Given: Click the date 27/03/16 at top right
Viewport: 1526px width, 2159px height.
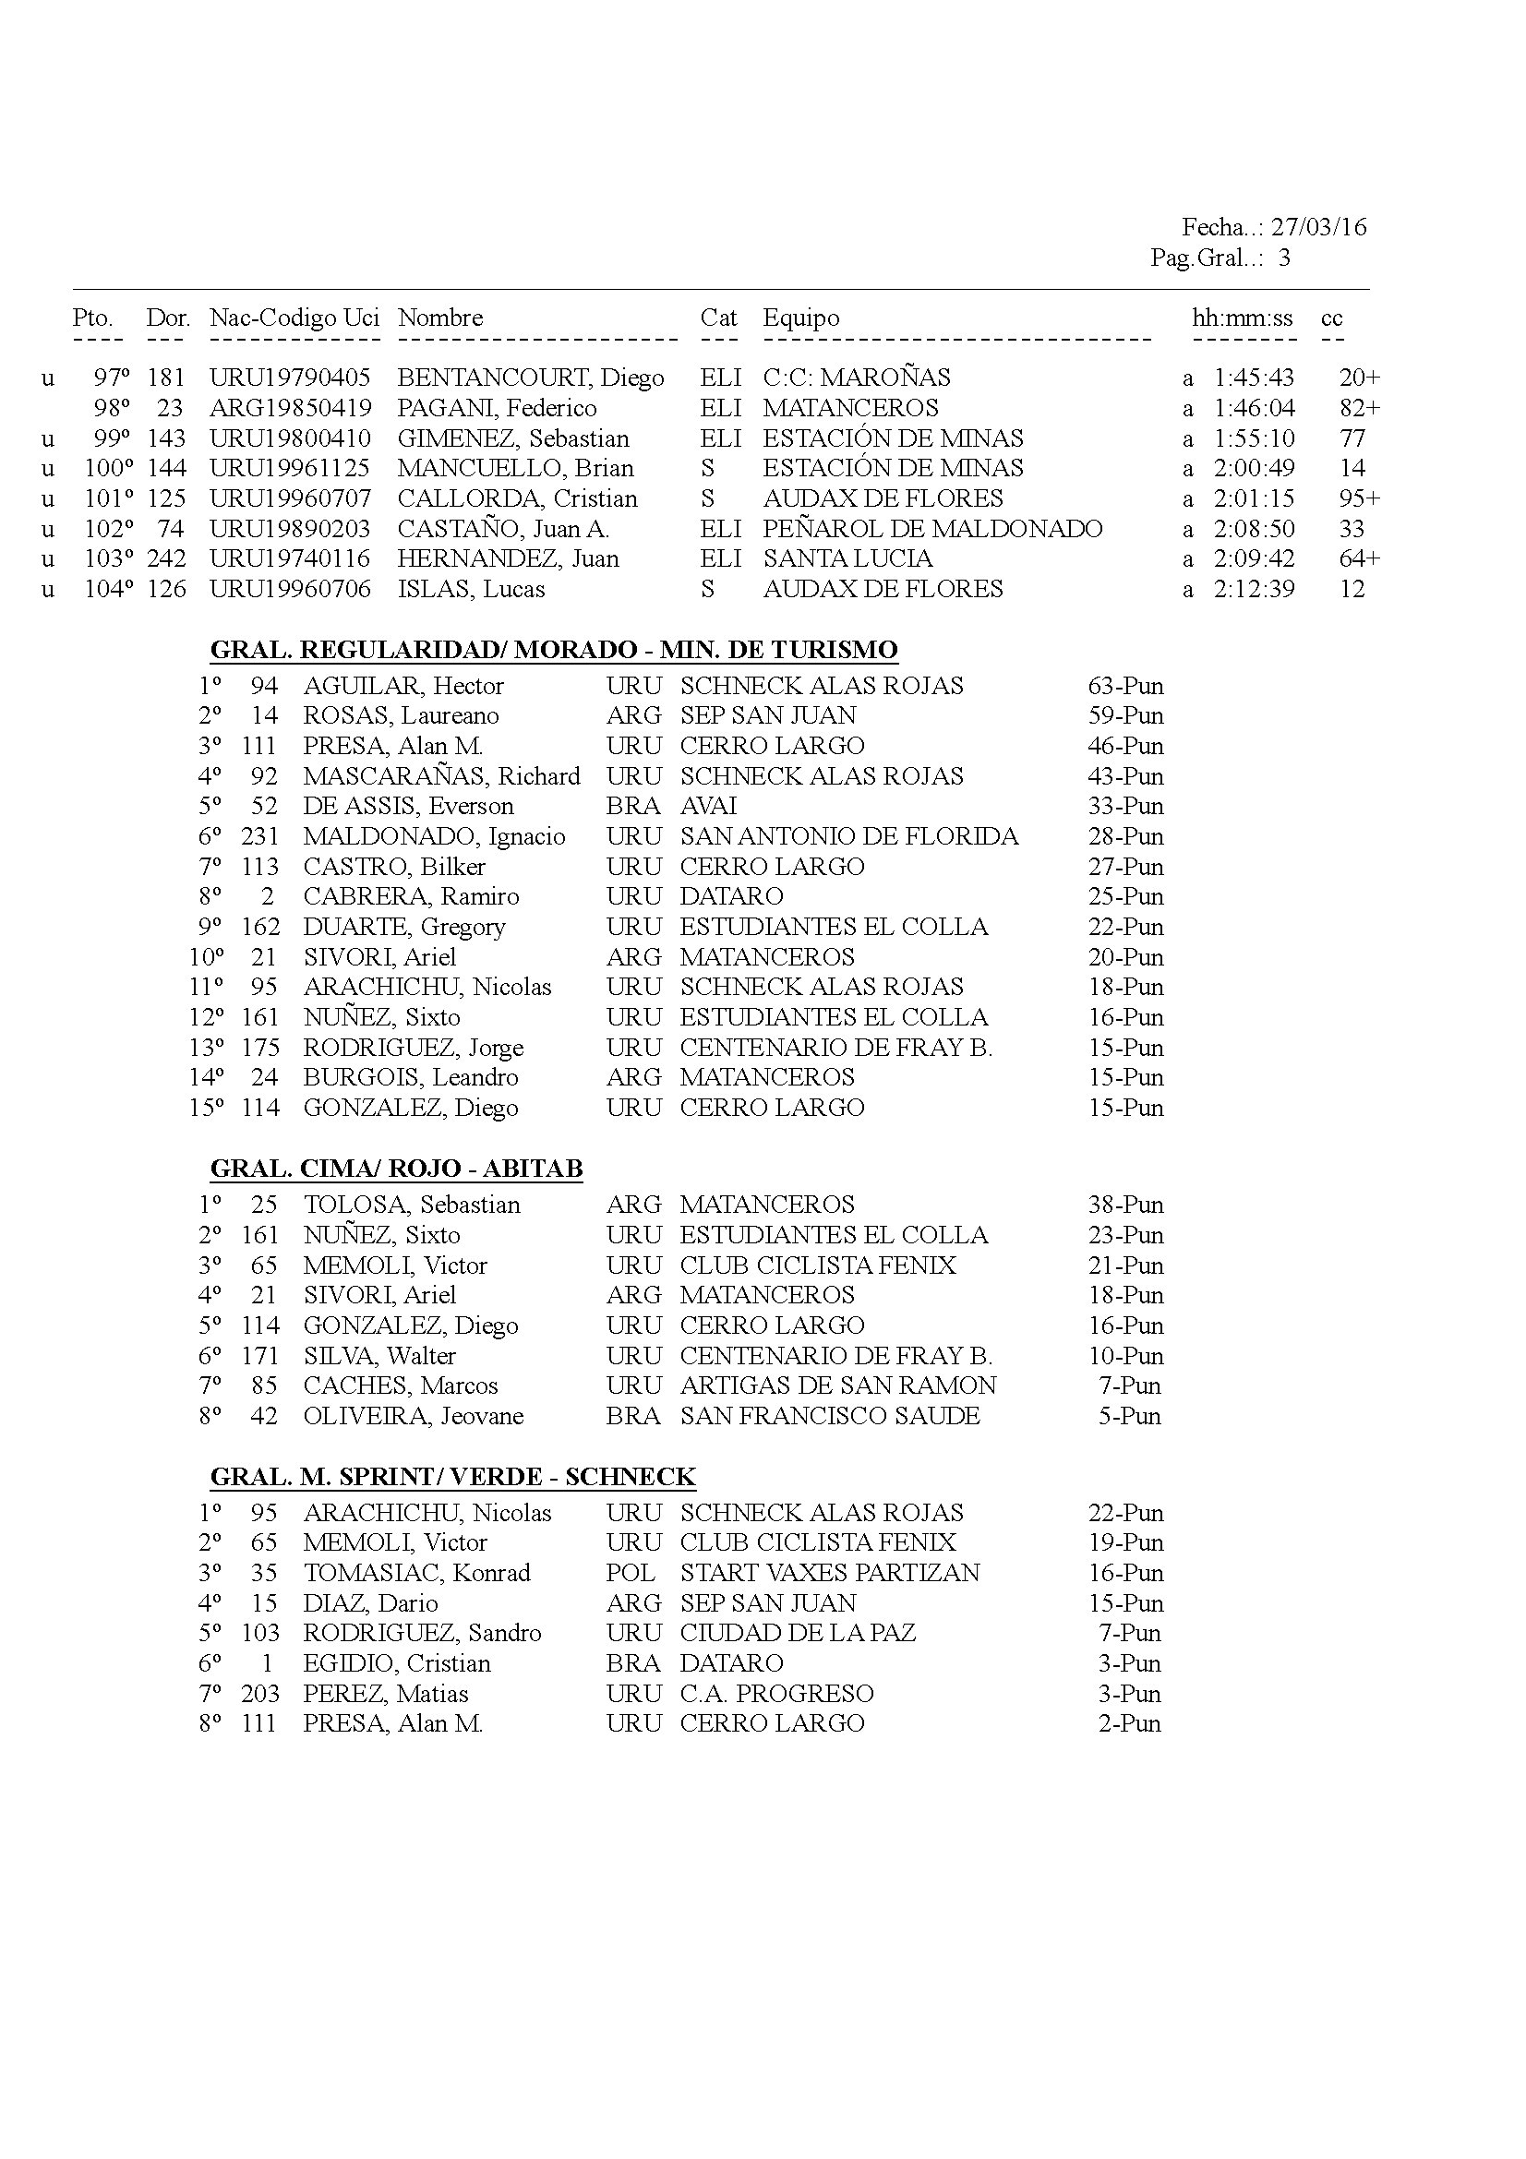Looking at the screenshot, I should point(1318,227).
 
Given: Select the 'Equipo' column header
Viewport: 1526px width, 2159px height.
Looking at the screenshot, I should point(800,318).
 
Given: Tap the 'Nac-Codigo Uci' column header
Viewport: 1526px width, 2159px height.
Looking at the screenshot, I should point(294,318).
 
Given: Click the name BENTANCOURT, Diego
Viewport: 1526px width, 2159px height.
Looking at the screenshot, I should point(530,378).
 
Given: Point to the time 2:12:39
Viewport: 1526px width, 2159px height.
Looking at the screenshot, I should point(1254,590).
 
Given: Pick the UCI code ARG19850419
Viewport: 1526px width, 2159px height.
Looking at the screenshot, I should point(291,408).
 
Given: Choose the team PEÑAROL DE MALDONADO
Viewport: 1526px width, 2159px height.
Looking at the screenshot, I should point(931,530).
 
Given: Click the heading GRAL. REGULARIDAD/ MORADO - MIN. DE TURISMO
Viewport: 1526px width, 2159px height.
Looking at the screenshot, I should point(554,650).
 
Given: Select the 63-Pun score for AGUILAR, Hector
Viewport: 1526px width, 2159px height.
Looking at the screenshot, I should point(1125,686).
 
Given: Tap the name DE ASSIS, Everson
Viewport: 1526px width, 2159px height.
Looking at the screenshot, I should point(408,806).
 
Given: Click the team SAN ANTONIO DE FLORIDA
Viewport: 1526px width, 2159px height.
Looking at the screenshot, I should point(849,836).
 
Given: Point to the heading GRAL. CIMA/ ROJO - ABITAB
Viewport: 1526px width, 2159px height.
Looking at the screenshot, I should point(396,1169).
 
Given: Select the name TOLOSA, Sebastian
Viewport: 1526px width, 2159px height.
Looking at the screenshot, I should point(412,1205).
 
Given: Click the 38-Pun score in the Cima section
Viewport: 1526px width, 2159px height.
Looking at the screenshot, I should point(1125,1205).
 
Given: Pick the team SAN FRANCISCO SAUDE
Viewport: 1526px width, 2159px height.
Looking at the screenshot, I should point(829,1415).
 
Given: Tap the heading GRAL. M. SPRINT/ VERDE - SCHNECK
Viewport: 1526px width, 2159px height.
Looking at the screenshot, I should point(452,1477).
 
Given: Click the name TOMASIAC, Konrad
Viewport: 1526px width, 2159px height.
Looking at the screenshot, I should point(416,1573).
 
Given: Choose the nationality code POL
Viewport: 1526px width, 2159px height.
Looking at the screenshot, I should point(630,1573).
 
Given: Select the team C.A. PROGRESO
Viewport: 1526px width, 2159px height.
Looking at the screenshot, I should point(776,1694).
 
